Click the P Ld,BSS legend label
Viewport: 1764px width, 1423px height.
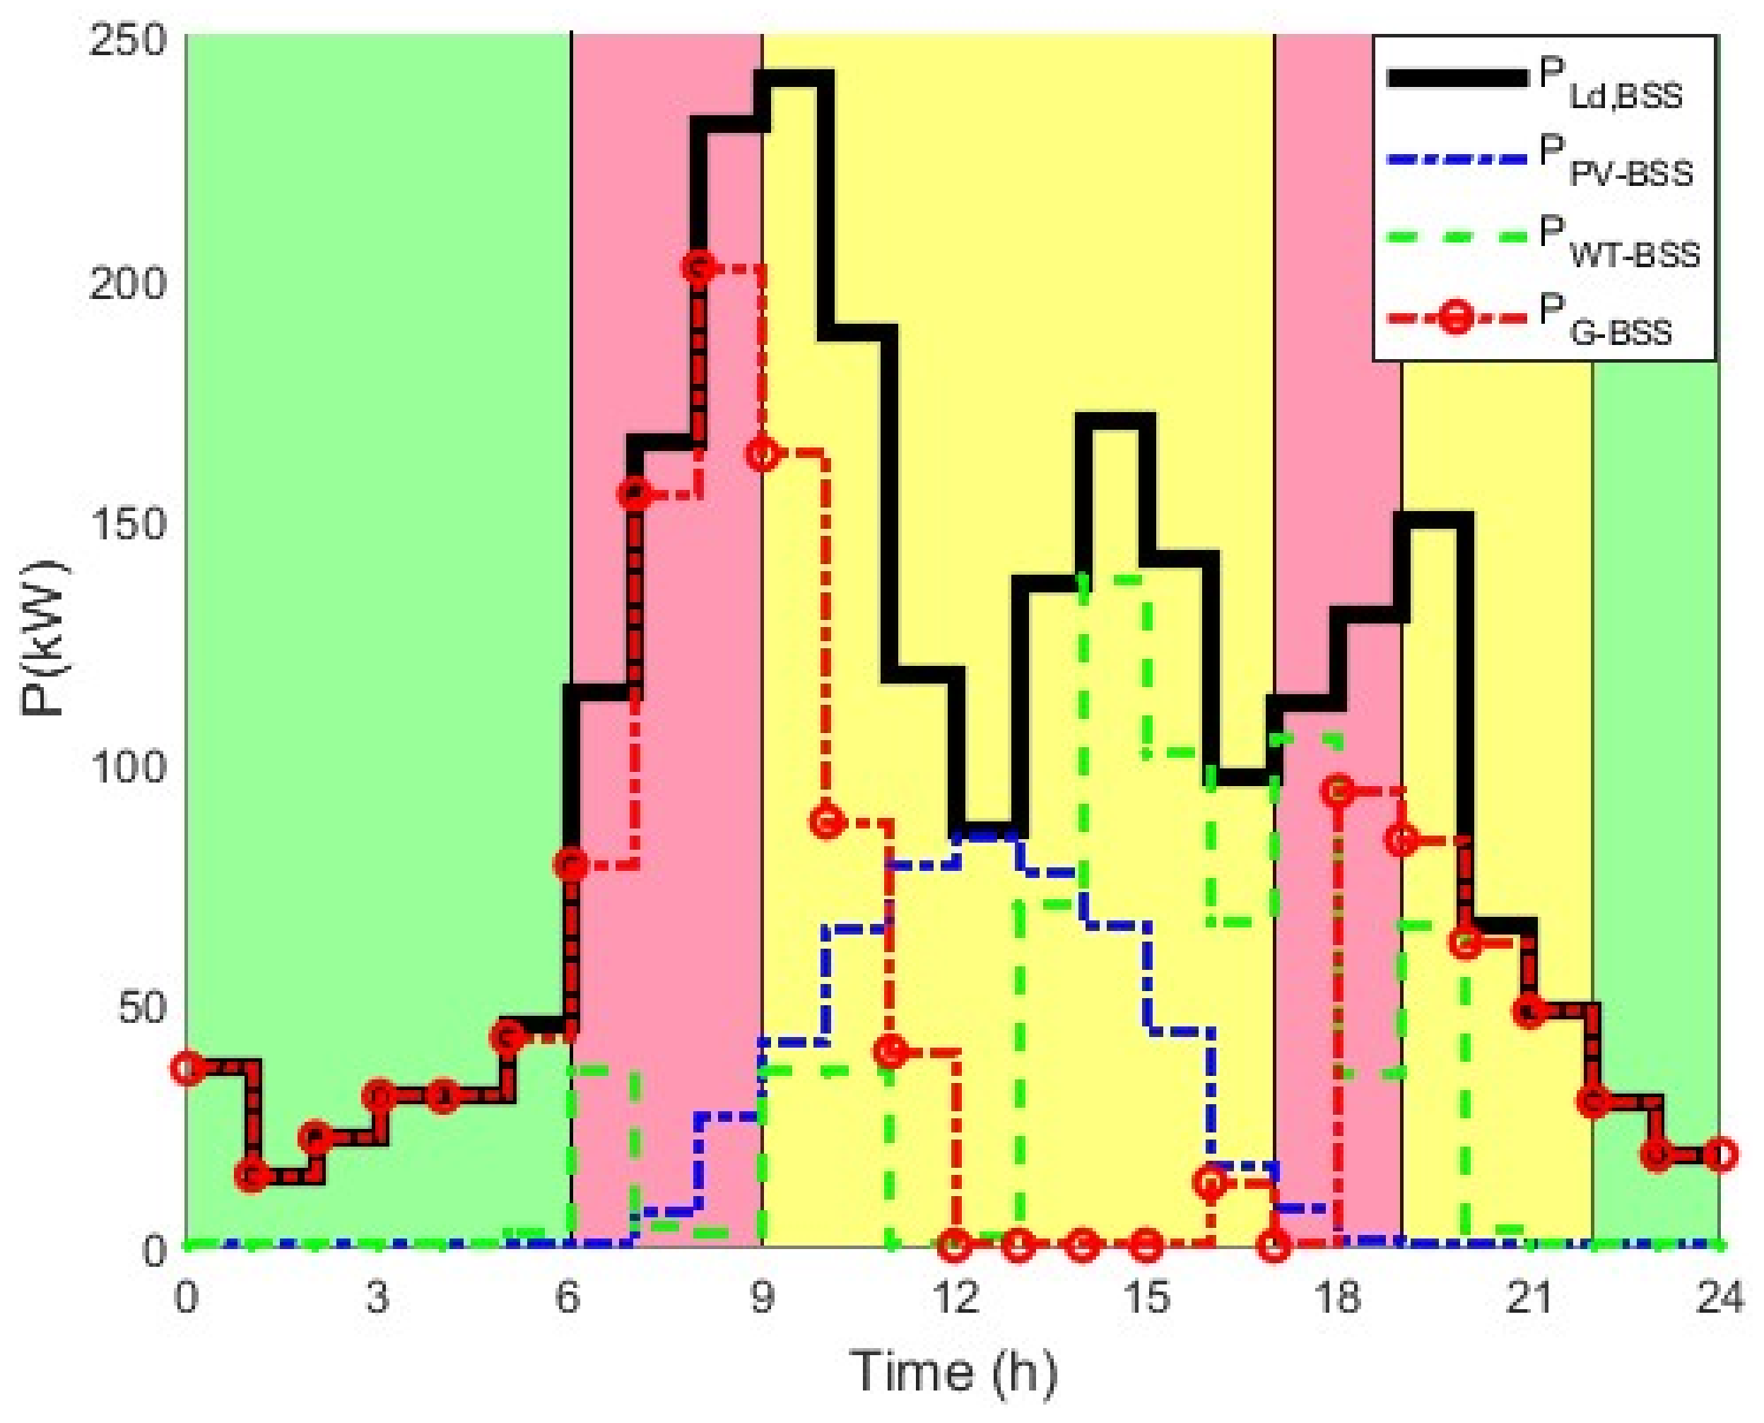coord(1610,84)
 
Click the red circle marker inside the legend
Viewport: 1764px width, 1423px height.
coord(1456,317)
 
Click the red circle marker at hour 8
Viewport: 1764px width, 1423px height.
coord(698,267)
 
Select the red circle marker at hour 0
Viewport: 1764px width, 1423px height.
coord(187,1068)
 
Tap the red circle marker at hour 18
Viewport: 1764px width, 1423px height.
coord(1339,791)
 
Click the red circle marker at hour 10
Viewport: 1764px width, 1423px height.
coord(827,821)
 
